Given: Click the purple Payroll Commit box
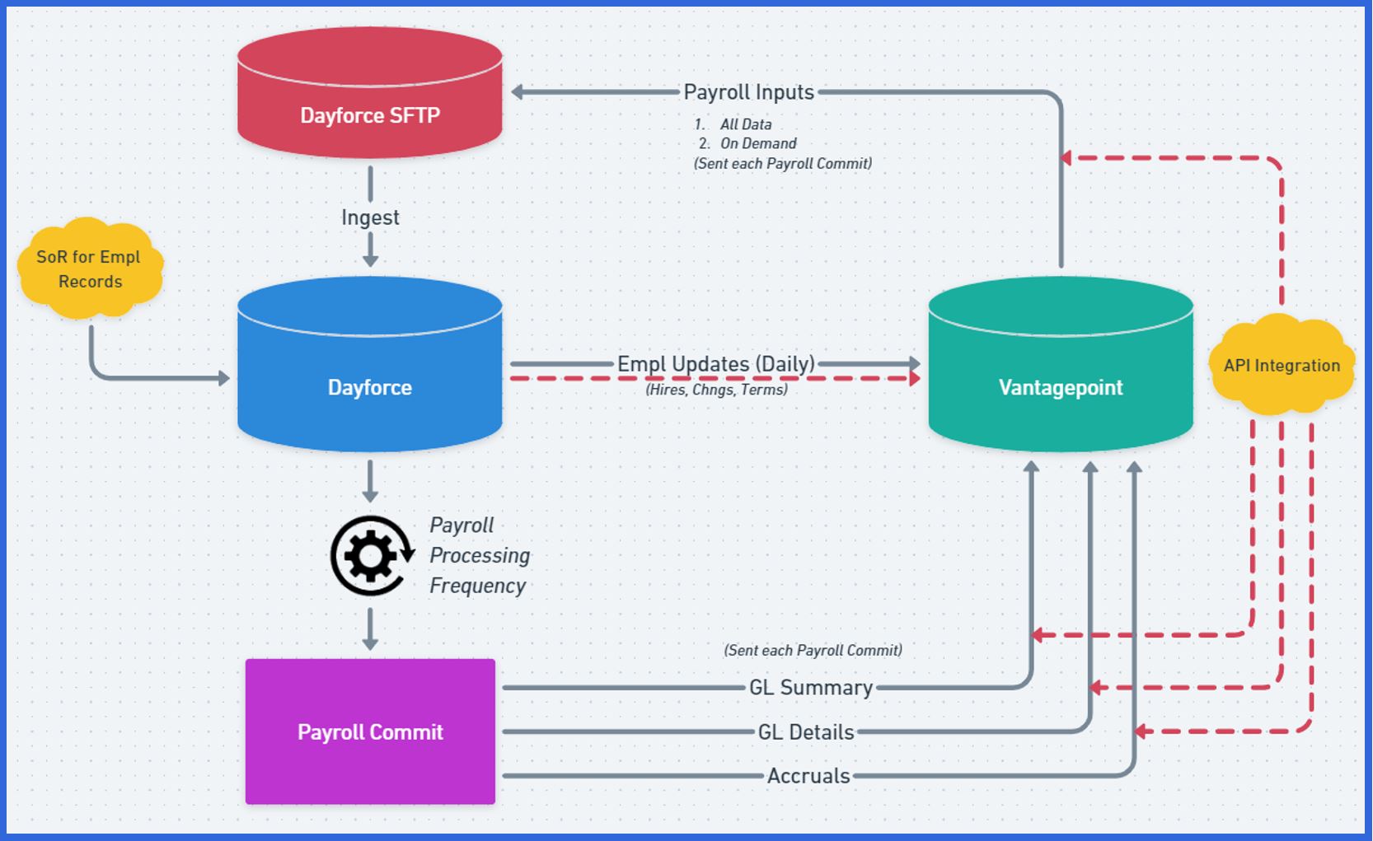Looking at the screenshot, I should [370, 731].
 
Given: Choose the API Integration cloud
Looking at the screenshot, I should [1282, 365].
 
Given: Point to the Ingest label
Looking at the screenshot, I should [370, 217].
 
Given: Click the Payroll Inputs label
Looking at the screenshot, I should [748, 92].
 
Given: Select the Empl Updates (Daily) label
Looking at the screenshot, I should [715, 363].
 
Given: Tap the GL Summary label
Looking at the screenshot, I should [810, 687].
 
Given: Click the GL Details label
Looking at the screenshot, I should [805, 731].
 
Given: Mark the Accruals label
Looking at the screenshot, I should [808, 775].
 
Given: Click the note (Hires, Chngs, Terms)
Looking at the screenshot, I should [716, 390].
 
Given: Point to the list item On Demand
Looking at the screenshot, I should [757, 143].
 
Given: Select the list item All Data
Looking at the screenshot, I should [745, 124].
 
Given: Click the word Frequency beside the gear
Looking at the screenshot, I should [477, 586].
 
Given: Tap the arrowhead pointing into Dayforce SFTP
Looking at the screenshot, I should [518, 92].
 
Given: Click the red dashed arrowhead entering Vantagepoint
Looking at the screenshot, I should [914, 379].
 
